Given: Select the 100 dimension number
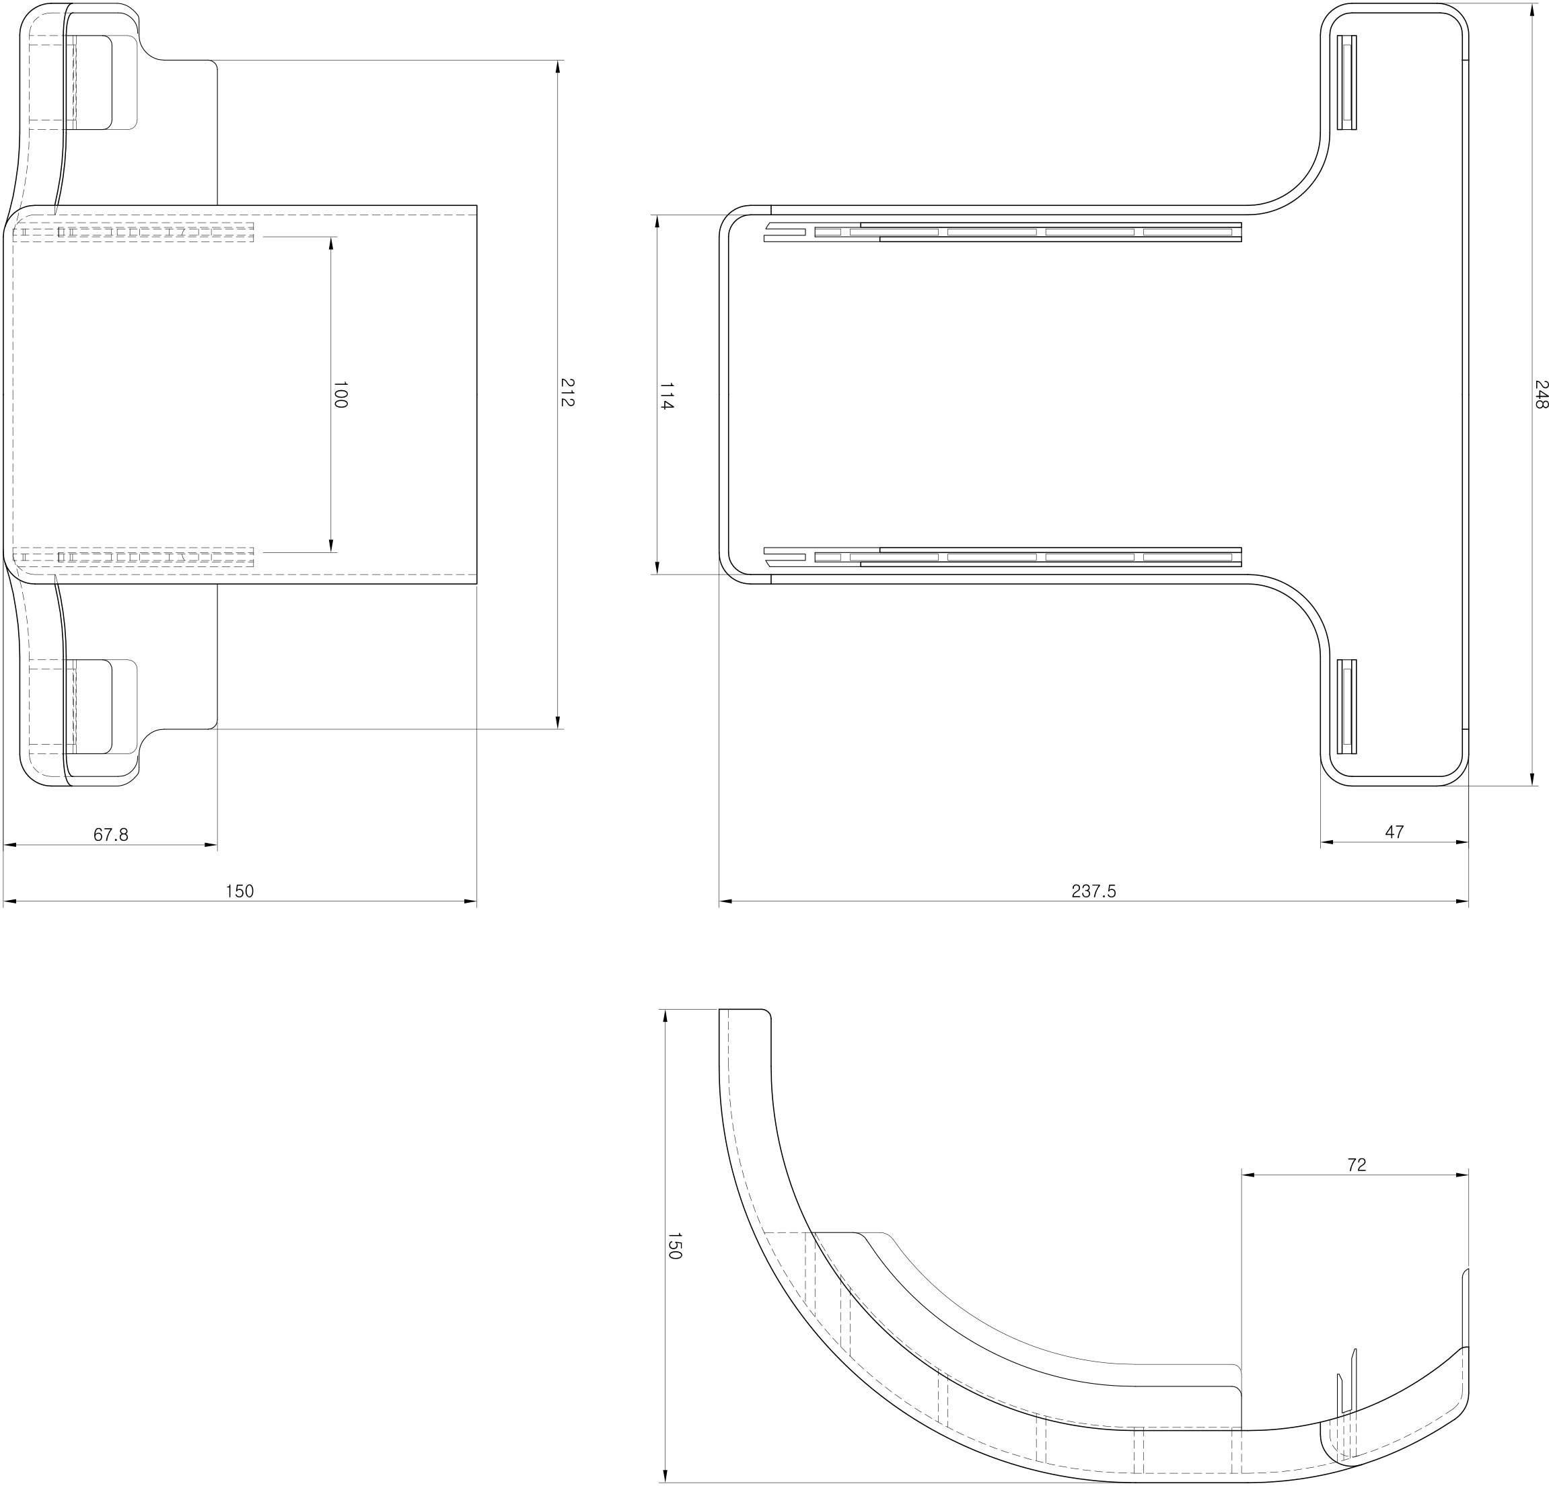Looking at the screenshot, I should tap(340, 394).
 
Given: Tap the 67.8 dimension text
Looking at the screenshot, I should tap(110, 834).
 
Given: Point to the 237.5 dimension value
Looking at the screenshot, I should tap(1093, 891).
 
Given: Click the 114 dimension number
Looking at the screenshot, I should tap(666, 395).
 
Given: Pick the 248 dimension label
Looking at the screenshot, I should tap(1540, 394).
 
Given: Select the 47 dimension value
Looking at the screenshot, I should tap(1394, 832).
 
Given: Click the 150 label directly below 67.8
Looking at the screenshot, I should tap(240, 891).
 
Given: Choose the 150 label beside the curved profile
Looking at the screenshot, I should tap(674, 1245).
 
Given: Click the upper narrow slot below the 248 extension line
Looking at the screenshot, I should tap(1346, 82).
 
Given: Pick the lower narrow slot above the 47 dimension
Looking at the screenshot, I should tap(1346, 706).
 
